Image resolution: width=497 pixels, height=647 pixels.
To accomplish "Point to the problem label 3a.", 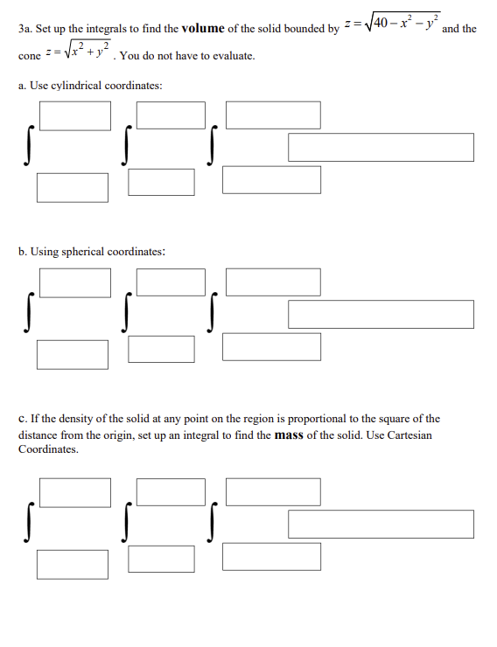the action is pyautogui.click(x=24, y=29).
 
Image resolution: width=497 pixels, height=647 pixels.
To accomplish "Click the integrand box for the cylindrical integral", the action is pyautogui.click(x=381, y=148).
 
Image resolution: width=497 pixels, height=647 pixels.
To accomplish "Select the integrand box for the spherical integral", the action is pyautogui.click(x=381, y=314).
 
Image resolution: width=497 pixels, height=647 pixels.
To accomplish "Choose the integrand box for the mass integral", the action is pyautogui.click(x=381, y=524).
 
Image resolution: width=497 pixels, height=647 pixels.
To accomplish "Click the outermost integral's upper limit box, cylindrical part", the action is pyautogui.click(x=74, y=115).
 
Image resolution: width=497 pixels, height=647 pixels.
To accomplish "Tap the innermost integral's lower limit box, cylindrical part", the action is pyautogui.click(x=271, y=179).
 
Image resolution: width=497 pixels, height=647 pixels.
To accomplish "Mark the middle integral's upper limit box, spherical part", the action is pyautogui.click(x=171, y=282).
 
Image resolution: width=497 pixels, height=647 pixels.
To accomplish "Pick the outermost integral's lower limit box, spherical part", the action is pyautogui.click(x=73, y=353).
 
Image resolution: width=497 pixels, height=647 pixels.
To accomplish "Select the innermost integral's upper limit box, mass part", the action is pyautogui.click(x=273, y=491).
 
